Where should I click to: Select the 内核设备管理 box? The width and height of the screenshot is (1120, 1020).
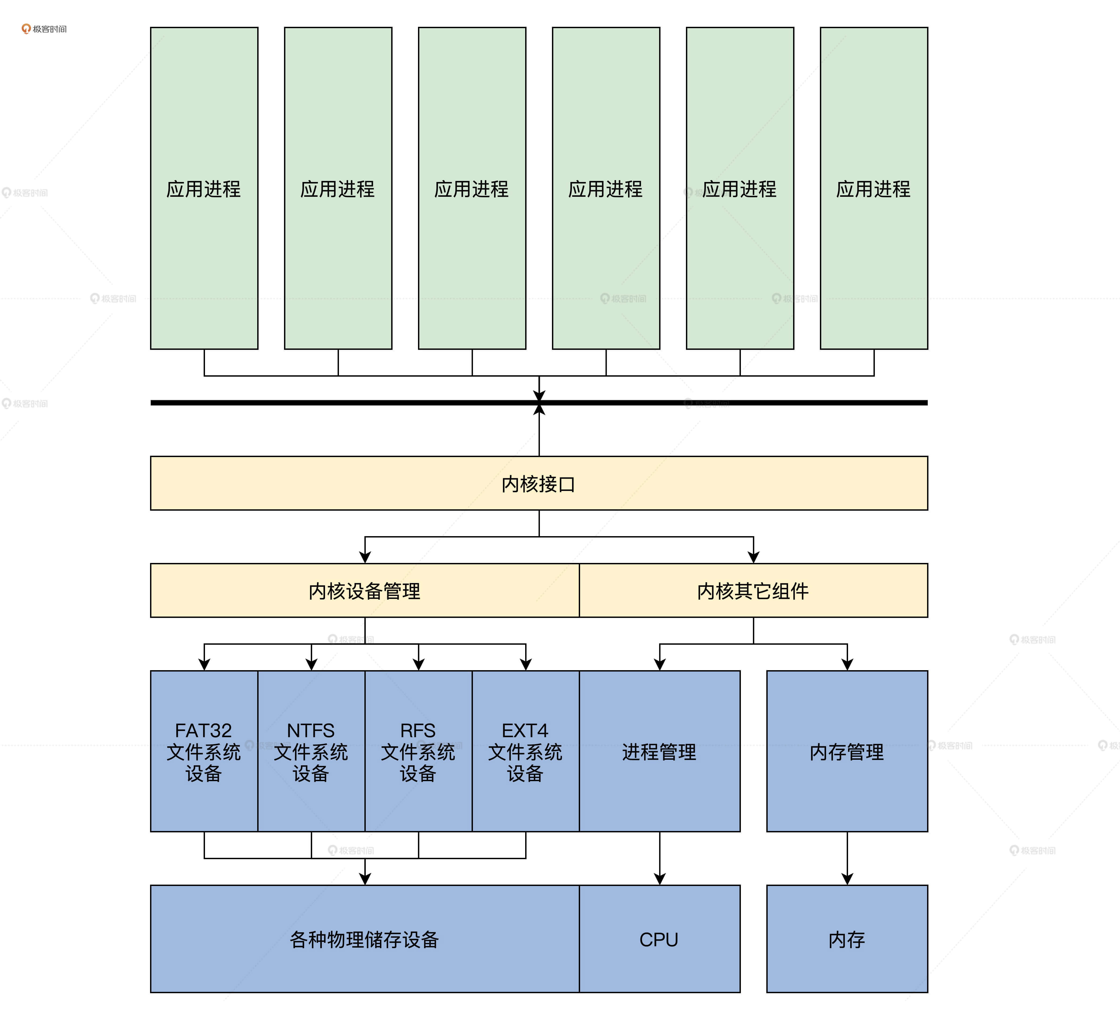[x=364, y=590]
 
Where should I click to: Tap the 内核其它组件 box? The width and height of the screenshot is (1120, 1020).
[x=753, y=590]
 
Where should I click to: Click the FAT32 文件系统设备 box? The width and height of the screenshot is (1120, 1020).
[x=204, y=751]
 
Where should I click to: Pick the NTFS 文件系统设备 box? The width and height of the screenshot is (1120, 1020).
[x=311, y=751]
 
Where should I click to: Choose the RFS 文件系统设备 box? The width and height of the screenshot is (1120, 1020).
[x=418, y=751]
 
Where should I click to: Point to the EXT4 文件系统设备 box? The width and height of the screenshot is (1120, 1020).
[x=525, y=751]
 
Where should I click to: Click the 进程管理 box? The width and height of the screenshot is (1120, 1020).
[x=659, y=751]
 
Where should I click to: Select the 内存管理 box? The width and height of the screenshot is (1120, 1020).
[x=847, y=751]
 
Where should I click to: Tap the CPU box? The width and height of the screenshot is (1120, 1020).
[x=659, y=939]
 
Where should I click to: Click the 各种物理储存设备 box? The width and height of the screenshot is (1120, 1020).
[x=364, y=939]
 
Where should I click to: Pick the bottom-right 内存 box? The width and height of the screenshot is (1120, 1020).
[x=847, y=939]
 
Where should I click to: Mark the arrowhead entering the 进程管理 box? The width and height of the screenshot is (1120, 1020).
[x=659, y=664]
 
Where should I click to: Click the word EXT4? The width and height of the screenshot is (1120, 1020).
[x=525, y=730]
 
